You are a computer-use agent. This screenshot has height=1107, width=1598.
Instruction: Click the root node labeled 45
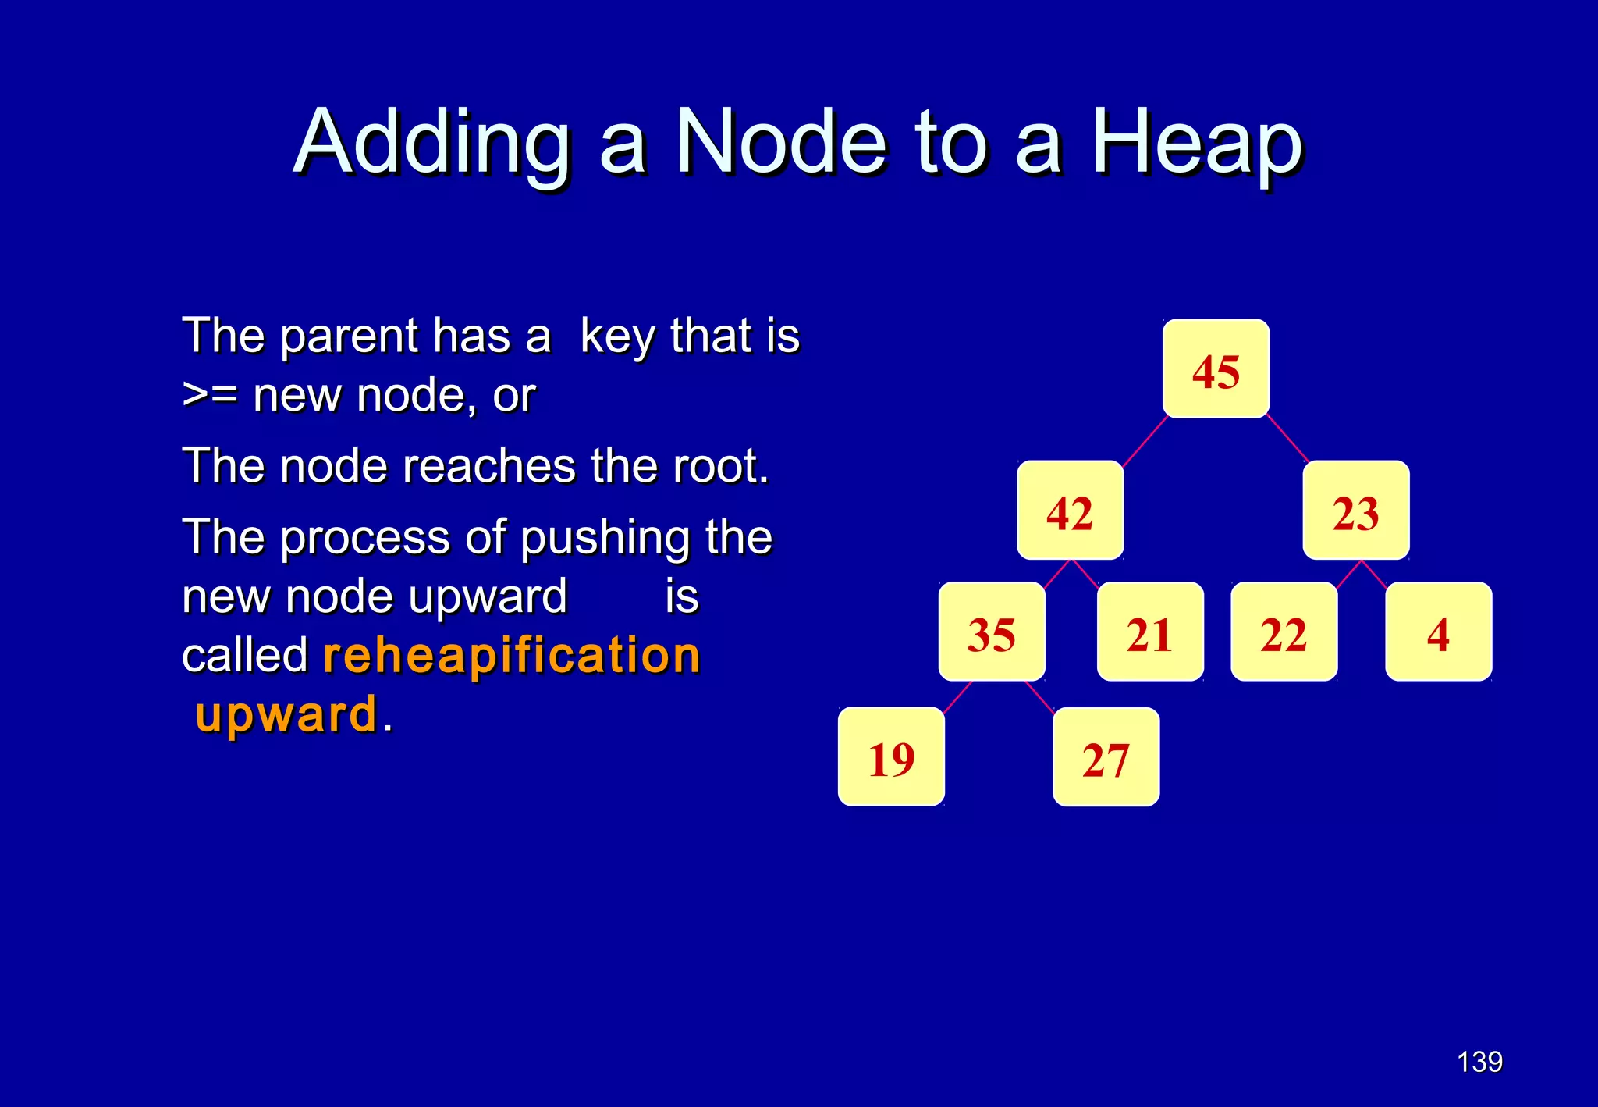[x=1216, y=369]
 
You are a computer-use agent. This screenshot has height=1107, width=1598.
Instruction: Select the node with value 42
[x=1070, y=511]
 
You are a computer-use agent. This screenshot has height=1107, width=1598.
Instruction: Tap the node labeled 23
[x=1355, y=511]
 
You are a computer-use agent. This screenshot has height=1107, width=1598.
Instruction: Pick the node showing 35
[x=991, y=632]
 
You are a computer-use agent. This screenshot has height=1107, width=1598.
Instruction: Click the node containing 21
[x=1149, y=632]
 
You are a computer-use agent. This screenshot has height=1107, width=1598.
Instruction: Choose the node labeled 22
[x=1284, y=632]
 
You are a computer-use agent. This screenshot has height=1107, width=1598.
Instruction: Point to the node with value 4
[x=1438, y=632]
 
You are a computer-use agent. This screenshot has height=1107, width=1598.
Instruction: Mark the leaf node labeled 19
[x=891, y=756]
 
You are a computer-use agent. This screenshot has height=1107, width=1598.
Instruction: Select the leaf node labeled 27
[x=1106, y=757]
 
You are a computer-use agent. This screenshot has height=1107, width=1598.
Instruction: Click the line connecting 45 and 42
[x=1145, y=441]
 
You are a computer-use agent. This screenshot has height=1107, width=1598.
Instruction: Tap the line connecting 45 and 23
[x=1288, y=440]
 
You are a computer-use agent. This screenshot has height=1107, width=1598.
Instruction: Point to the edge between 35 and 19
[x=958, y=696]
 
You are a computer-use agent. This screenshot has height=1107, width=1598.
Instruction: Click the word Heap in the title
[x=1196, y=143]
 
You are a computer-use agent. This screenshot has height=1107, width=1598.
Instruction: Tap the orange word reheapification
[x=512, y=655]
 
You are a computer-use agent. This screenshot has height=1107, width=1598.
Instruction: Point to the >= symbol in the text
[x=209, y=394]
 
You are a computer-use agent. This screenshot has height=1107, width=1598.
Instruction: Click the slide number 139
[x=1479, y=1062]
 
